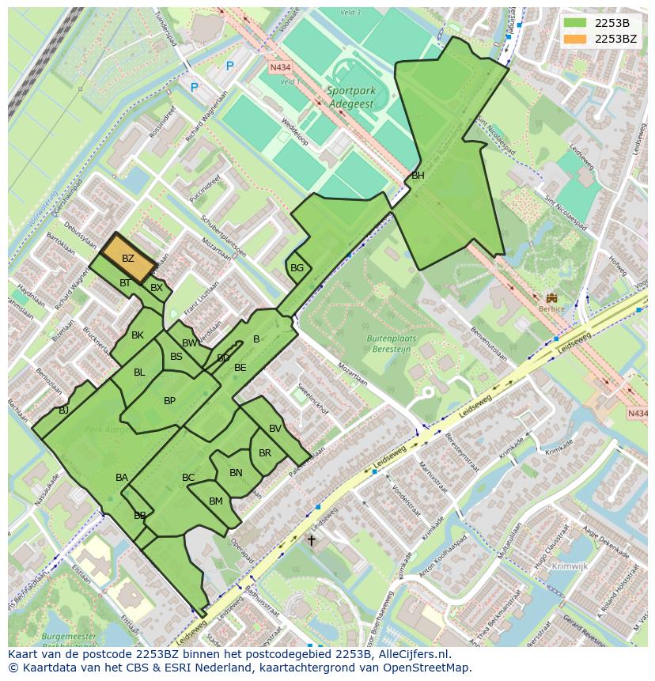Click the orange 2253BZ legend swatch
pos(576,39)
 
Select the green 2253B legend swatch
pos(576,23)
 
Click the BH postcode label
pos(418,176)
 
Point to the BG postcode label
pos(297,268)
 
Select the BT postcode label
pos(125,283)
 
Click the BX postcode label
pos(157,288)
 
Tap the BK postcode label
pos(138,335)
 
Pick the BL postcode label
pos(139,373)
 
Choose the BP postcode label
pos(169,401)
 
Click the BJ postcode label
pos(63,410)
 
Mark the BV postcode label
pos(275,429)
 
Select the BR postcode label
pos(265,453)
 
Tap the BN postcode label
pos(236,473)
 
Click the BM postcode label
pos(216,501)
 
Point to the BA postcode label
pos(122,478)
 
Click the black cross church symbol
pos(311,541)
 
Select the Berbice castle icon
pos(551,298)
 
